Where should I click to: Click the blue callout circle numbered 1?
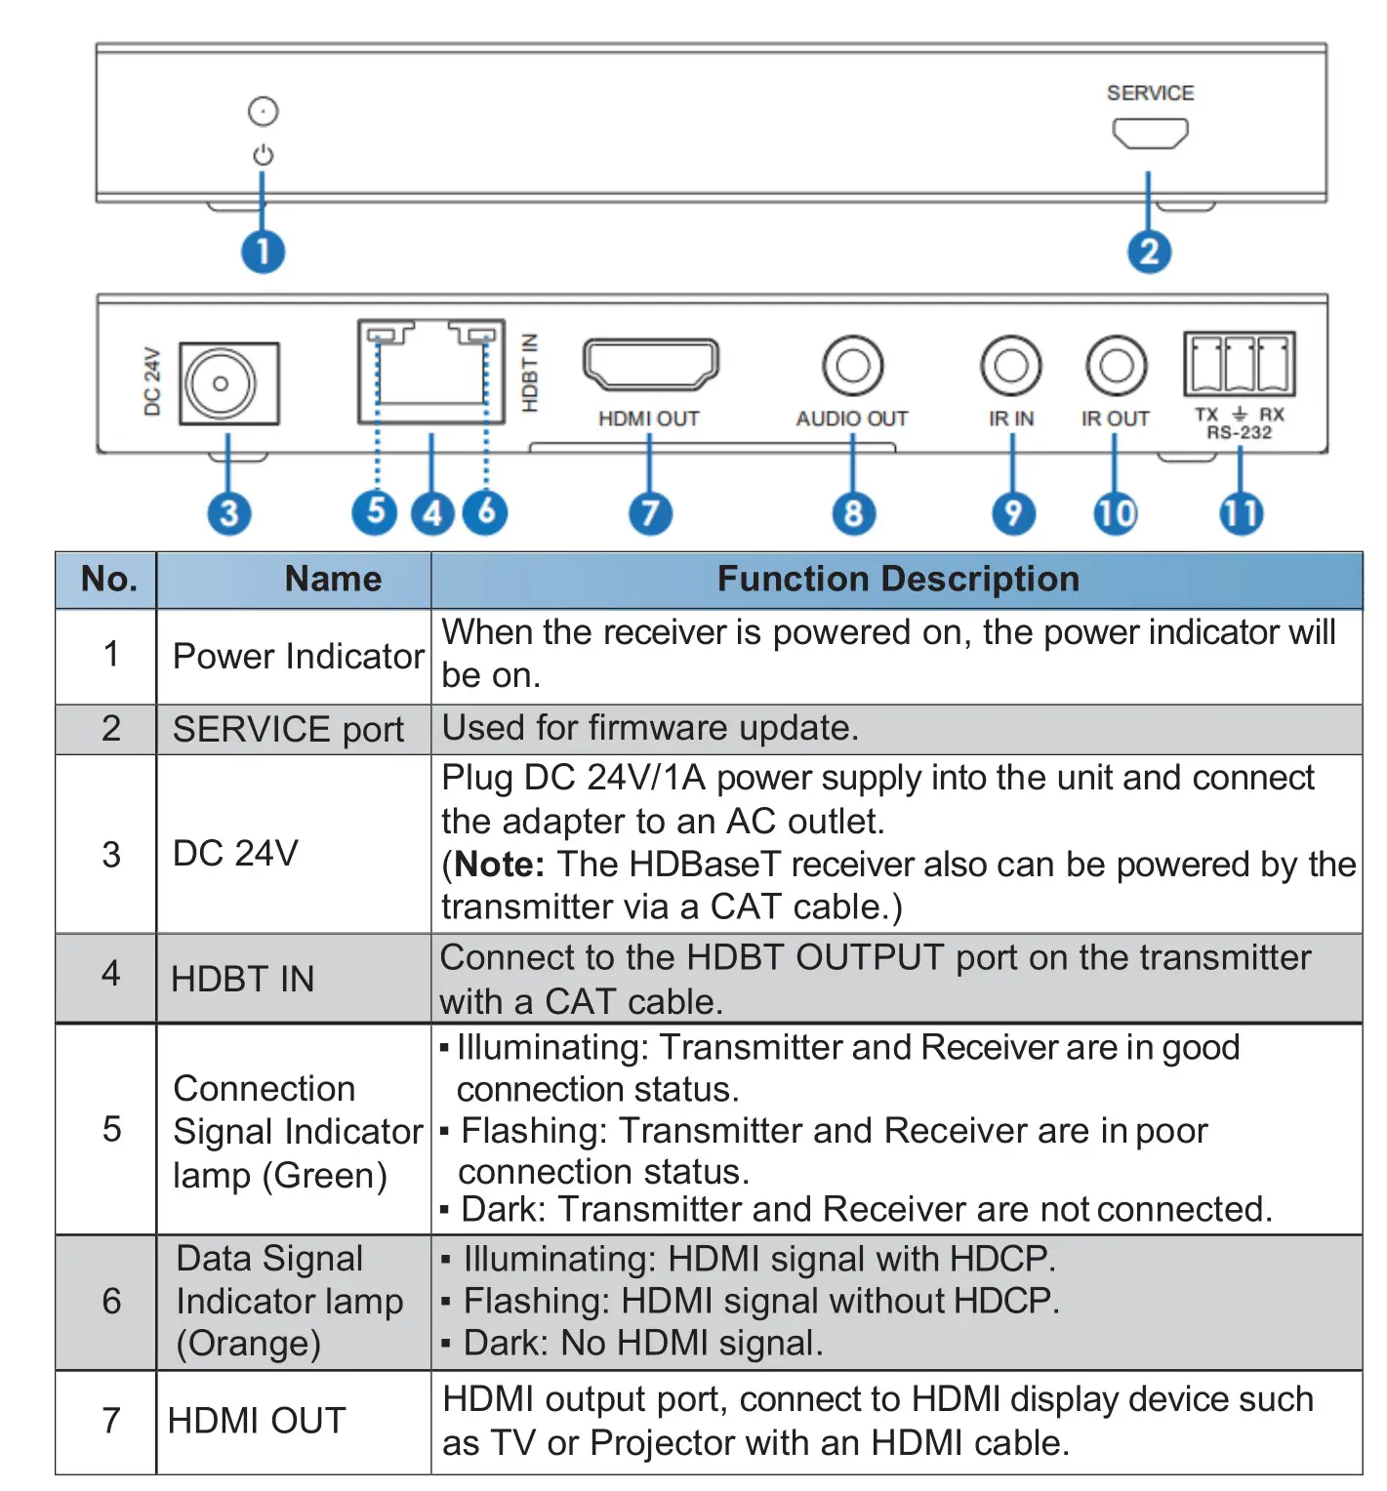[x=263, y=252]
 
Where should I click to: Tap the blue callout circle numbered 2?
[x=1149, y=252]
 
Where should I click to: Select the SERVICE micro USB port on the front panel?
[x=1150, y=133]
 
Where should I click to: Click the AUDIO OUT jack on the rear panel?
[x=852, y=366]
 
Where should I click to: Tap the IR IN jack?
[x=1010, y=366]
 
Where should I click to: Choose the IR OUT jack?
[x=1116, y=366]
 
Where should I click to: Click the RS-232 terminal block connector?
[x=1239, y=364]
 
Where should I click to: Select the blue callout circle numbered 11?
[x=1241, y=513]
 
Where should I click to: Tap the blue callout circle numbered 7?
[x=650, y=513]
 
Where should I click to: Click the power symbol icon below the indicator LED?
[x=263, y=155]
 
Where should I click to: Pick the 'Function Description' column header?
[x=897, y=580]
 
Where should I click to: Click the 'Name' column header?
[x=333, y=580]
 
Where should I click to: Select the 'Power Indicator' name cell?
[x=298, y=657]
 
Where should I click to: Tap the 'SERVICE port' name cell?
[x=288, y=730]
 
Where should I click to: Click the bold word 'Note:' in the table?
[x=499, y=865]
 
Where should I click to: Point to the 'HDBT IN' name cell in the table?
[x=242, y=979]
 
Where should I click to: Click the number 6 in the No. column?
[x=111, y=1302]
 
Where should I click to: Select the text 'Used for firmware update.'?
[x=650, y=729]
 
